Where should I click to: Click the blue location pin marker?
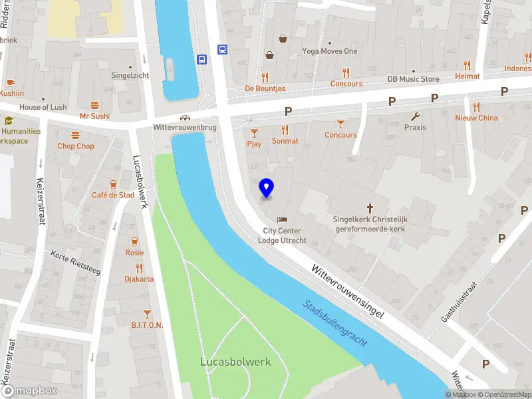(x=267, y=188)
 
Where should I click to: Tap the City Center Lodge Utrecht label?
(x=283, y=235)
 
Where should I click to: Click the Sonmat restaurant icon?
(x=285, y=130)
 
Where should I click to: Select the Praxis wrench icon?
(x=415, y=117)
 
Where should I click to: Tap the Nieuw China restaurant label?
(x=476, y=118)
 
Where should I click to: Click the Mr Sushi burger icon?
(x=94, y=105)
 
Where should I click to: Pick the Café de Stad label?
(x=113, y=195)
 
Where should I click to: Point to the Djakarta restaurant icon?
(x=139, y=268)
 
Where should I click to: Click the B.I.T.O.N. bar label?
(x=147, y=325)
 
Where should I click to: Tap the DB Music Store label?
(x=414, y=79)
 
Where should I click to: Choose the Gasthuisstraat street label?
(x=460, y=300)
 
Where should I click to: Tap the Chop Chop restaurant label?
(x=76, y=146)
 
